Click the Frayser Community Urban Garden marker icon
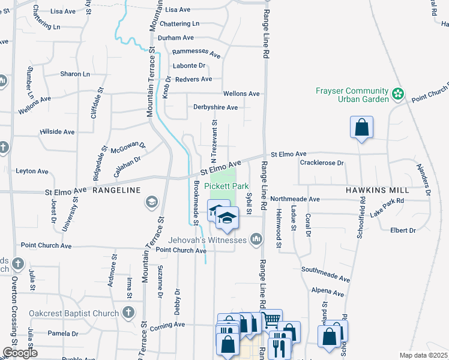pos(397,94)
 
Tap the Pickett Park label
pos(226,186)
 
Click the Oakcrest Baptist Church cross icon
pos(128,312)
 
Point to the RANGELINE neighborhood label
pos(116,190)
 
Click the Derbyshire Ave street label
pos(215,107)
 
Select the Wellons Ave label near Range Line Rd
pos(241,94)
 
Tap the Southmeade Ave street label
pos(325,274)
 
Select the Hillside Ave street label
pos(57,131)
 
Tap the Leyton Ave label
pos(32,171)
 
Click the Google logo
pos(20,353)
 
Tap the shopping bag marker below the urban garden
pos(361,128)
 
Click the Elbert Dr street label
pos(403,230)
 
